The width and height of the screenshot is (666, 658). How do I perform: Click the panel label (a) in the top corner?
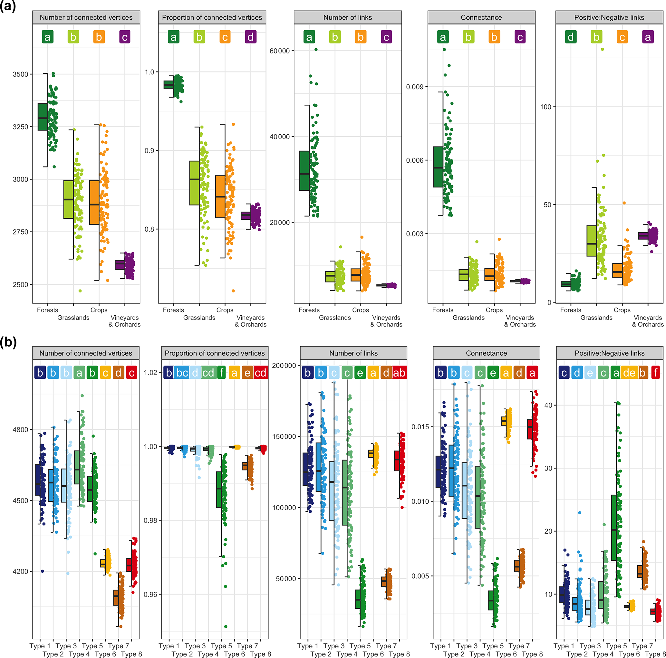click(8, 7)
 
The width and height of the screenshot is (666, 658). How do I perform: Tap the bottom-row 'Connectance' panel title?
click(486, 353)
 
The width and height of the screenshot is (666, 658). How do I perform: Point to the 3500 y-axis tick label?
click(20, 74)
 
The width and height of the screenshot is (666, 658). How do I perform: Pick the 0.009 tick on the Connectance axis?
click(414, 87)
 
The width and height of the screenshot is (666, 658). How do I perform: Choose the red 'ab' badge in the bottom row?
click(399, 373)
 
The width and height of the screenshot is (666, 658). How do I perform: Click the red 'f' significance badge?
click(656, 373)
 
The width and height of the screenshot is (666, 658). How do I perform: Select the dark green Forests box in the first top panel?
click(43, 117)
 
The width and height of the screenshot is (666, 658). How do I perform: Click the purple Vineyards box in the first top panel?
click(120, 264)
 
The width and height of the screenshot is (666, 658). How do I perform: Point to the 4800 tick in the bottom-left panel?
click(20, 430)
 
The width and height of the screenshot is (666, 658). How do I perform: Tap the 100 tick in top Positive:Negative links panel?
click(545, 107)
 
